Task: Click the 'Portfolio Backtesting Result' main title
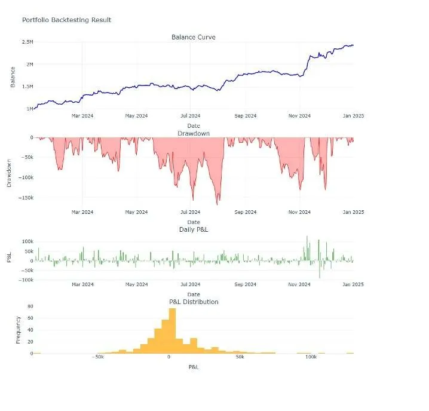coord(66,20)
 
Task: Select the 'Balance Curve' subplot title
coord(194,37)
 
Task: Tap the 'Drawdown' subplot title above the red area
coord(194,134)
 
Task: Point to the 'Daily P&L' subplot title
coord(194,229)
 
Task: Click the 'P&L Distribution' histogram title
coord(194,302)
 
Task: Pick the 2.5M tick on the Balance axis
coord(27,42)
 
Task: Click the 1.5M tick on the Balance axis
coord(27,87)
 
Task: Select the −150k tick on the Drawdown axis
coord(26,198)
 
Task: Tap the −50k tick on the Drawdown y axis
coord(27,157)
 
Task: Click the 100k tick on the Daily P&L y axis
coord(27,241)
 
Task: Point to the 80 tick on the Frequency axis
coord(30,306)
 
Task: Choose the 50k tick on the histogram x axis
coord(240,357)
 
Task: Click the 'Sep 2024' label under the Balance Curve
coord(246,116)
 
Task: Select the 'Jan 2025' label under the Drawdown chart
coord(353,212)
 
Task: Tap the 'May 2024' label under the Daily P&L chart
coord(136,284)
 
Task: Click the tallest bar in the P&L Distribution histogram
coord(172,331)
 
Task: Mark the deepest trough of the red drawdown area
coord(217,205)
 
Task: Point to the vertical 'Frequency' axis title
coord(18,330)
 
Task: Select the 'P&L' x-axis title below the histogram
coord(194,367)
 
